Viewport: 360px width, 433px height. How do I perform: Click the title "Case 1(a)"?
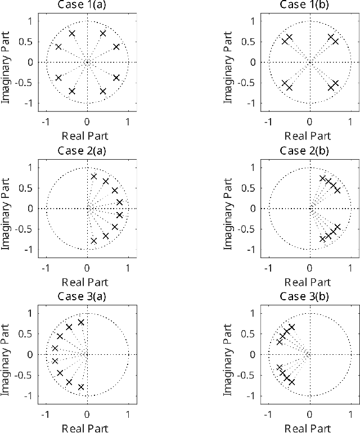(87, 5)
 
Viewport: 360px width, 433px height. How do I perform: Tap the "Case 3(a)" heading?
(87, 296)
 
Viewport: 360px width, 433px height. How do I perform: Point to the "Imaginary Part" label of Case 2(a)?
(7, 208)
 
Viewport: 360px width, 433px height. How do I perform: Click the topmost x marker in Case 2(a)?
(94, 177)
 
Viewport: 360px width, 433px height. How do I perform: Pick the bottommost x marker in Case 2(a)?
(94, 241)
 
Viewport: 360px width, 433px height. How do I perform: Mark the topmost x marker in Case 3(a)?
(81, 322)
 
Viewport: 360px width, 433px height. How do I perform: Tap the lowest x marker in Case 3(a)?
(81, 387)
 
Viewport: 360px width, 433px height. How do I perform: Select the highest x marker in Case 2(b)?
(323, 178)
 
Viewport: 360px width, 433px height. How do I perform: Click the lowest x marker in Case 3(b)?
(292, 382)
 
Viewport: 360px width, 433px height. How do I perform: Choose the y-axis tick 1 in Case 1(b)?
(256, 21)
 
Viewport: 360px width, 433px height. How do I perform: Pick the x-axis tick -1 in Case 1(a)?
(46, 122)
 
